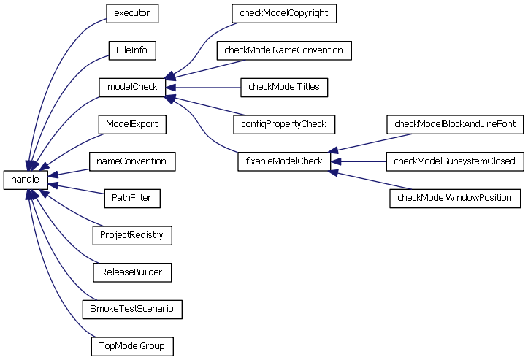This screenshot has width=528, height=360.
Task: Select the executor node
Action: click(x=131, y=13)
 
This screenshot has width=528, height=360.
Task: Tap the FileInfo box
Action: click(x=131, y=50)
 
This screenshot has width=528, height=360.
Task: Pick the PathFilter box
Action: click(x=131, y=198)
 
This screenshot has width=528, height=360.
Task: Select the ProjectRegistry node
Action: click(x=131, y=235)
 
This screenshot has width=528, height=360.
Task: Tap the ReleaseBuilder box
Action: click(x=131, y=272)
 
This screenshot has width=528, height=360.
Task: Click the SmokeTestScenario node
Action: click(x=131, y=309)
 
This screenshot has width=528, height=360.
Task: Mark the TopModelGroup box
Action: click(x=131, y=346)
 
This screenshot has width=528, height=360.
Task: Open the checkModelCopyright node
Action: click(x=284, y=13)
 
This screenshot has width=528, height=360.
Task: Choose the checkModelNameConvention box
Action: click(x=284, y=50)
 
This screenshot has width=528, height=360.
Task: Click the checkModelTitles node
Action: click(x=284, y=87)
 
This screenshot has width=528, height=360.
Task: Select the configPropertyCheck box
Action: click(x=284, y=124)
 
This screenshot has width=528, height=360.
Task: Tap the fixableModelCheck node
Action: click(x=284, y=161)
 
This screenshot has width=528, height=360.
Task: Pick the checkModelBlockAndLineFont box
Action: click(x=455, y=124)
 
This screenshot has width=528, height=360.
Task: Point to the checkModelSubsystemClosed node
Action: click(x=455, y=161)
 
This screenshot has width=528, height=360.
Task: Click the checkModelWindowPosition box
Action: click(x=455, y=198)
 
